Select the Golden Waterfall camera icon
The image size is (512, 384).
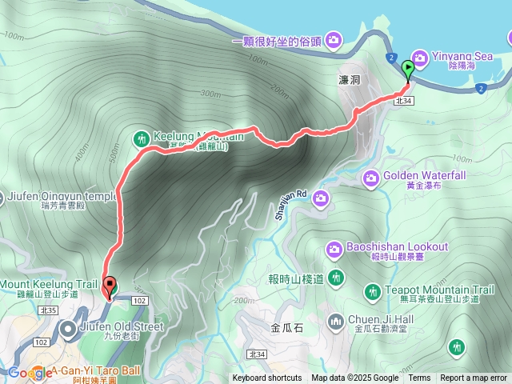[371, 177]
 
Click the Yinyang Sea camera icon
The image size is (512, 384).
[418, 55]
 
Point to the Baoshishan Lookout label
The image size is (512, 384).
[397, 246]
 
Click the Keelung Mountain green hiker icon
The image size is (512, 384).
[142, 138]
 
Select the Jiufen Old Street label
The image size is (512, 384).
[121, 326]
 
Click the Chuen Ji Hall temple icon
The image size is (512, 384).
[336, 322]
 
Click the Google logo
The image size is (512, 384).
[29, 373]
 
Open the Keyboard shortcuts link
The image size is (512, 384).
[267, 378]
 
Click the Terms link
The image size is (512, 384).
[419, 378]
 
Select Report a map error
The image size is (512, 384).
[474, 378]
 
